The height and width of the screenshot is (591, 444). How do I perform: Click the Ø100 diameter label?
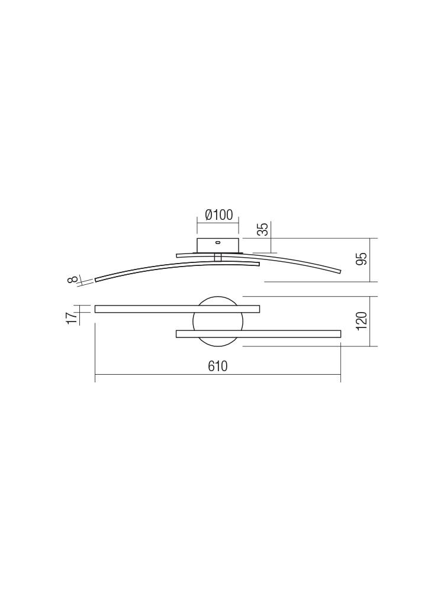tap(219, 215)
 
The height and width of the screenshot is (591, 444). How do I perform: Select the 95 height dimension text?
tap(361, 259)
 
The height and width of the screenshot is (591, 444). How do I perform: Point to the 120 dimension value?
tap(361, 321)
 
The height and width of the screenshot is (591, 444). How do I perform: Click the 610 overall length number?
tap(218, 366)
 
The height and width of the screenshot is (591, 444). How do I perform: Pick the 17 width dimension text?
tap(72, 318)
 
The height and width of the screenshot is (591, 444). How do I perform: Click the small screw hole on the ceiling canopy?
tap(218, 243)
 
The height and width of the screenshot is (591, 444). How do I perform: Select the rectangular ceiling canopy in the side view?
tap(218, 245)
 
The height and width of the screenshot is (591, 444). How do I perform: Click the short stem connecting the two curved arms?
tap(217, 258)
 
